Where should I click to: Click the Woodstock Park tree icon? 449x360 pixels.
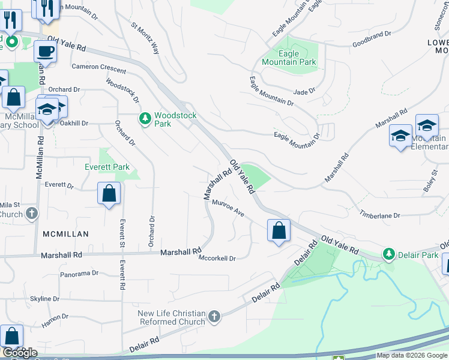pos(145,119)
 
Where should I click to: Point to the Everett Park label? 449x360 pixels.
pos(108,167)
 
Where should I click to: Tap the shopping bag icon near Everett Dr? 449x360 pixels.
pos(109,194)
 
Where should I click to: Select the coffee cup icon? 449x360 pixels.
pos(45,52)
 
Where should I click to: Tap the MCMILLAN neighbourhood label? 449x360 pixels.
pos(66,234)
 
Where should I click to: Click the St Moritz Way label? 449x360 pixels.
pos(145,39)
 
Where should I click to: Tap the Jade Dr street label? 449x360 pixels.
pos(304,92)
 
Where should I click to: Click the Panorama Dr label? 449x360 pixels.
pos(79,274)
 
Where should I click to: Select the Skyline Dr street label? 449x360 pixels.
pos(45,299)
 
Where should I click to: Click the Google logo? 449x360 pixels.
pos(20,353)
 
